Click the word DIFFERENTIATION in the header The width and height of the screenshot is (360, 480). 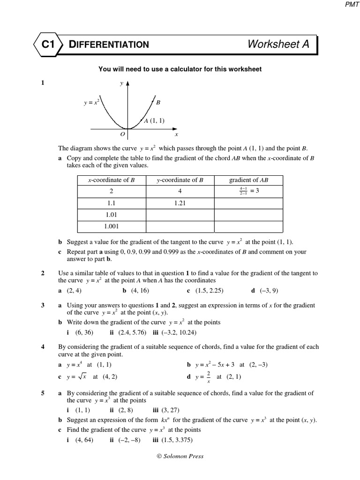point(109,45)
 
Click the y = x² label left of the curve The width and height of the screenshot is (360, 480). point(91,102)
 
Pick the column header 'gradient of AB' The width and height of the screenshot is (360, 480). point(248,180)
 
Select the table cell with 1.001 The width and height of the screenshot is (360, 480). point(112,226)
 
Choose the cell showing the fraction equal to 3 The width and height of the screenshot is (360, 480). point(248,191)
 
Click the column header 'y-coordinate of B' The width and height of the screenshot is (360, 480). point(180,180)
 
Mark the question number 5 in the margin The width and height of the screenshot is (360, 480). point(43,393)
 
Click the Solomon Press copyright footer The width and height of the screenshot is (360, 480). point(180,456)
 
